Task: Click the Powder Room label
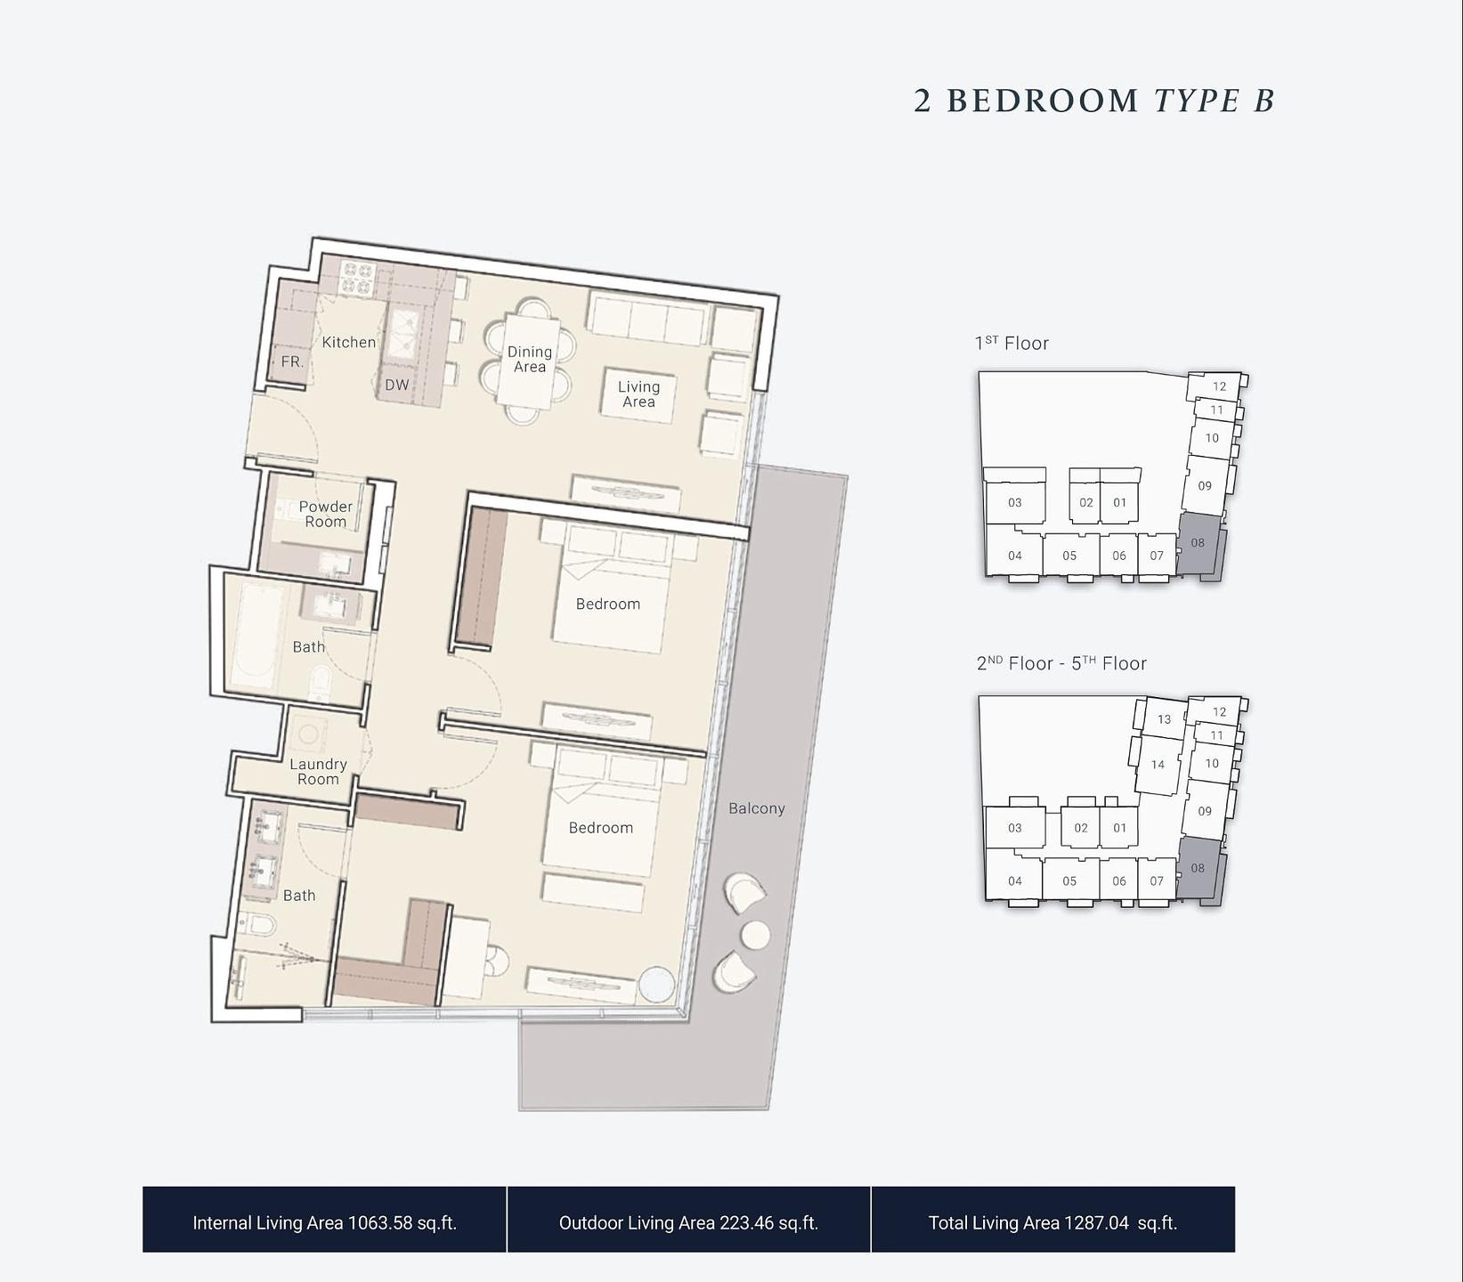326,514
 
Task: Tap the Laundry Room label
318,771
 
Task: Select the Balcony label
757,808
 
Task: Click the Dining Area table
529,361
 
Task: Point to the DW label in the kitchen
397,385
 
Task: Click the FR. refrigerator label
292,361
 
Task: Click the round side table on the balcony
755,936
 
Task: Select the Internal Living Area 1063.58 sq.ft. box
324,1220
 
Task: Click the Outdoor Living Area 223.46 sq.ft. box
688,1220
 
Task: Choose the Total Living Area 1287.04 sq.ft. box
1053,1220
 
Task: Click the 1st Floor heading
1012,343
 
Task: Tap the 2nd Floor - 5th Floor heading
1061,663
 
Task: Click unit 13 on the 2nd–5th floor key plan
1164,719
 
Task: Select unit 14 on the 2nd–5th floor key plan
1158,764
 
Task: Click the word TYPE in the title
1198,101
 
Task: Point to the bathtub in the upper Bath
256,636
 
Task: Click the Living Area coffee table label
638,394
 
